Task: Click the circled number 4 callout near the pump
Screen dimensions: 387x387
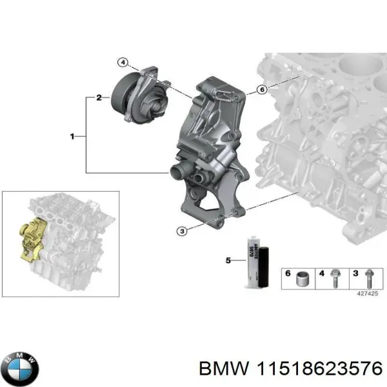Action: (123, 63)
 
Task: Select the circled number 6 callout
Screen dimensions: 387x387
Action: (263, 90)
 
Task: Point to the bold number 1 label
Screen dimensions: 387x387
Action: (72, 136)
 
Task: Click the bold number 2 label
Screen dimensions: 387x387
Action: (98, 98)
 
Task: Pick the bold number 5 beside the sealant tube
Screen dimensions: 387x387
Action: (228, 261)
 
